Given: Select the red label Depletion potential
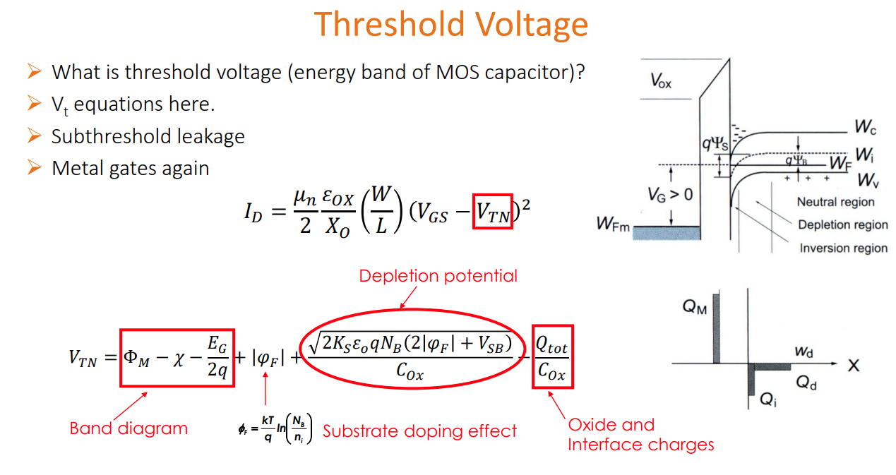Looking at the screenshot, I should (x=438, y=276).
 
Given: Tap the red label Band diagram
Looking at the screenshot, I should (x=129, y=428).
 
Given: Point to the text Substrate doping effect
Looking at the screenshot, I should (x=419, y=431).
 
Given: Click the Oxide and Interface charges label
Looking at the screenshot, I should (x=640, y=435).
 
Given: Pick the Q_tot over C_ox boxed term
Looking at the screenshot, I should (x=551, y=356).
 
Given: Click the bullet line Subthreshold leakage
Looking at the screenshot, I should (x=148, y=136).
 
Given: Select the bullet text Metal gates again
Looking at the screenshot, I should (x=130, y=169).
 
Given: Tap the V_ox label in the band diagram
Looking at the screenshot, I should (x=660, y=83).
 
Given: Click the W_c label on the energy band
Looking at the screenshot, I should (x=865, y=127).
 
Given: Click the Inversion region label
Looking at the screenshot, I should (x=843, y=248).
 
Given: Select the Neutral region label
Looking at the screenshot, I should (x=835, y=202).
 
